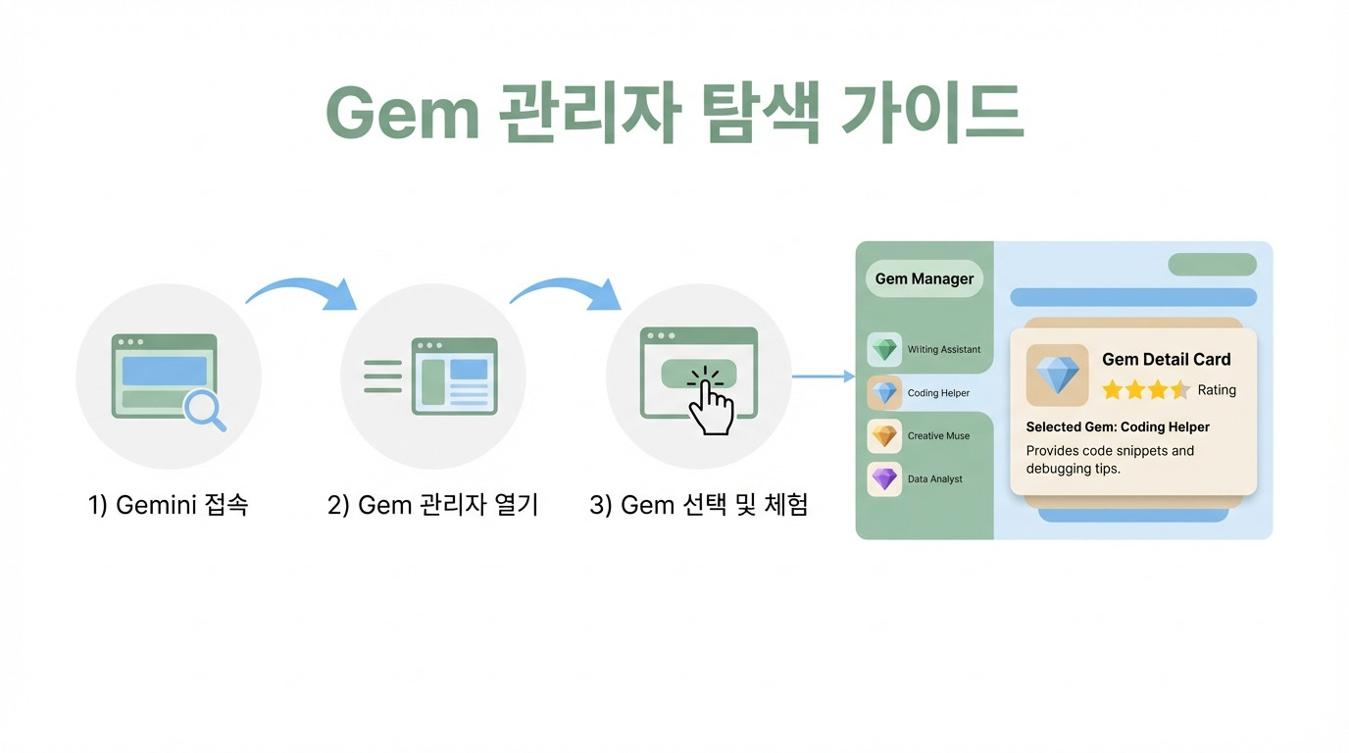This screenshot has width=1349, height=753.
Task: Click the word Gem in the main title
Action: pos(402,114)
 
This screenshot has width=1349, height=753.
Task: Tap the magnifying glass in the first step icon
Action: pos(205,411)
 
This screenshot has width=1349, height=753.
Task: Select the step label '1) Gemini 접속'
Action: pos(168,505)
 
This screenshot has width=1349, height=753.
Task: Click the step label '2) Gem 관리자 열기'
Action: pos(432,505)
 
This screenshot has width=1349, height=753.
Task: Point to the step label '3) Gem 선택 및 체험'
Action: pos(699,505)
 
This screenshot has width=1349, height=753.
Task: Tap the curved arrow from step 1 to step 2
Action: pos(302,293)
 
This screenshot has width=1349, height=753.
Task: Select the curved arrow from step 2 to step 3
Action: pos(566,293)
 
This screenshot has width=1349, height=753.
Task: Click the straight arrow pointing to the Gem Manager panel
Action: pos(824,376)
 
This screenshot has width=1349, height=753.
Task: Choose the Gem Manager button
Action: pos(924,278)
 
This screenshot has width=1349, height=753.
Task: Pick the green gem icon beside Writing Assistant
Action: pos(884,349)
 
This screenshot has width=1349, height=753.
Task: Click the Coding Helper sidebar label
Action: pos(938,393)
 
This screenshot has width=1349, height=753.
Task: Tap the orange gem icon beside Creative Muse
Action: pos(884,435)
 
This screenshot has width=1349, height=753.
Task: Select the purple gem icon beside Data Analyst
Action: pos(884,478)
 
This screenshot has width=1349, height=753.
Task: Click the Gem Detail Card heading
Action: pos(1167,359)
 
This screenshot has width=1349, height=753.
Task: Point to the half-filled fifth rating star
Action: pos(1180,390)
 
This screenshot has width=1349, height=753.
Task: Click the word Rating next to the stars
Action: pos(1217,390)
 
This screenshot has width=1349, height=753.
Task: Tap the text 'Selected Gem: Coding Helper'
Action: pos(1118,427)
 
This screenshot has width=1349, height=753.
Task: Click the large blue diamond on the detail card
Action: pos(1058,375)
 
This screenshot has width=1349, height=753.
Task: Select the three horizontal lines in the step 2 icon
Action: pos(383,376)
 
